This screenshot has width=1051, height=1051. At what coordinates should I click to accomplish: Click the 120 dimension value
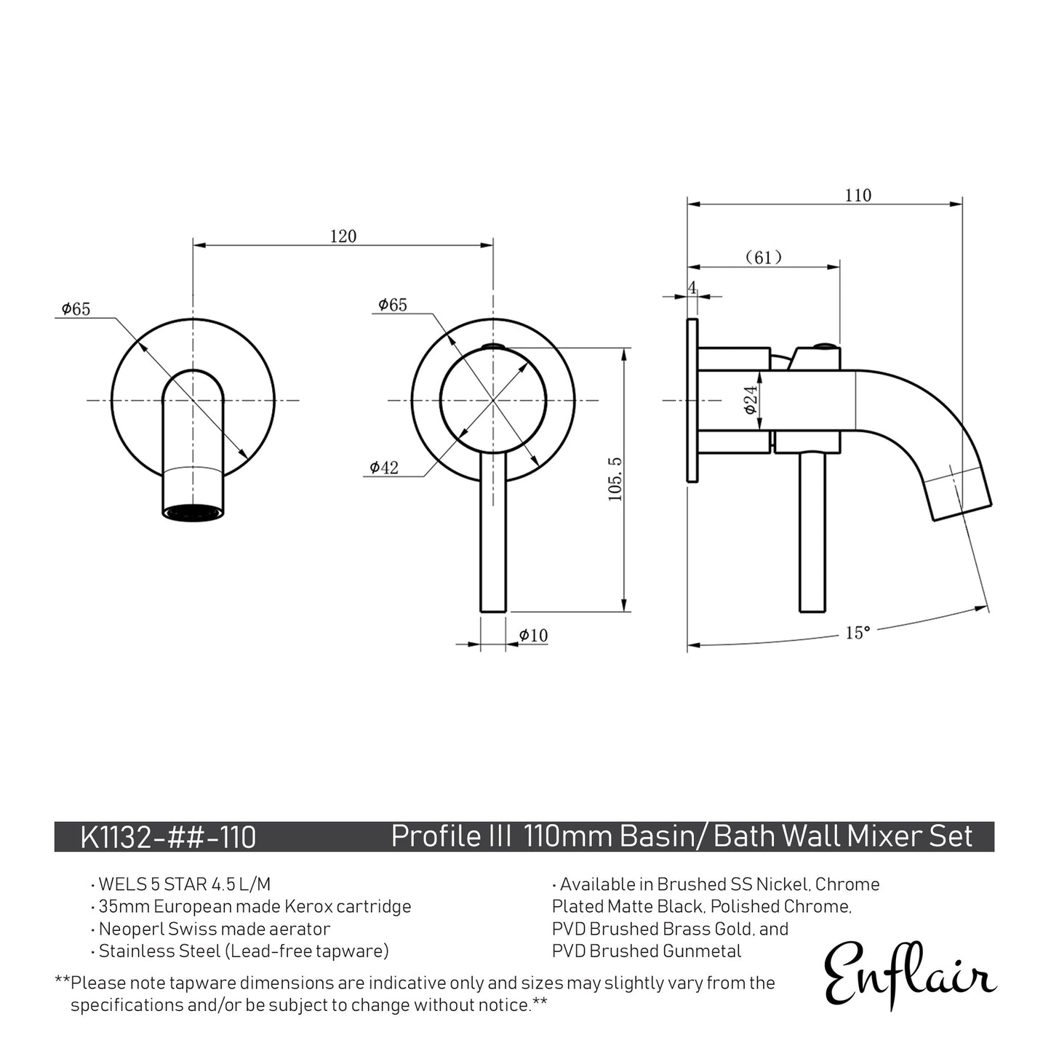click(x=343, y=236)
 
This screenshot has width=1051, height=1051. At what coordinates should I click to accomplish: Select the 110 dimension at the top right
click(x=858, y=196)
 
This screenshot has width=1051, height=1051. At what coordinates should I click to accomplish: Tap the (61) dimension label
click(x=763, y=257)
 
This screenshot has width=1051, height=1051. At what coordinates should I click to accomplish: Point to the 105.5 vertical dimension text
click(x=615, y=480)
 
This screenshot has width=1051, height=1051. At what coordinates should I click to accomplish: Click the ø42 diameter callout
click(x=383, y=468)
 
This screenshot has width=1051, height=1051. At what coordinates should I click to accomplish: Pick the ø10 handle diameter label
click(x=533, y=636)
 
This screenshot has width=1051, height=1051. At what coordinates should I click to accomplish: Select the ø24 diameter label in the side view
click(x=751, y=399)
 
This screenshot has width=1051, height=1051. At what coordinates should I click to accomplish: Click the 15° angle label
click(x=858, y=633)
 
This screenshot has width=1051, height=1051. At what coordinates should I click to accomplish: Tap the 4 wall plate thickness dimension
click(x=692, y=288)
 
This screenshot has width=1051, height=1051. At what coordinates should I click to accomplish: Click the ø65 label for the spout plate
click(x=76, y=309)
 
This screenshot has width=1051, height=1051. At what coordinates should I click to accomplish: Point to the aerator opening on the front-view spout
click(x=193, y=512)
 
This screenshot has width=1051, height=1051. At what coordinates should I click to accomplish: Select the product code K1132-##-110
click(x=168, y=837)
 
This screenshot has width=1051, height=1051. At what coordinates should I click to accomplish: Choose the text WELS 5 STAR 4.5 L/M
click(x=184, y=884)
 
